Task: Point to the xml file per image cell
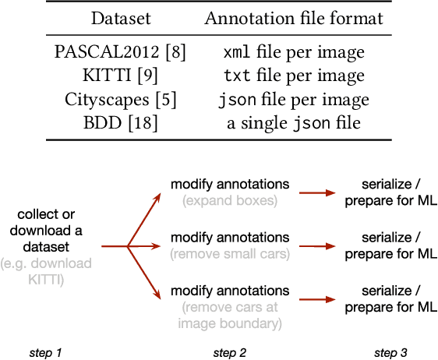294,52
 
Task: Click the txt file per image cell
294,76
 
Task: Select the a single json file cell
294,122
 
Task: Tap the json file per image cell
294,99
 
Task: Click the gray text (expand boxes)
230,200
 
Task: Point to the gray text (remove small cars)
230,253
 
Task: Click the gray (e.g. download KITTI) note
57,270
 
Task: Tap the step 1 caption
46,353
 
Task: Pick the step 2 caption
230,353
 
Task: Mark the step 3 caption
390,353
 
